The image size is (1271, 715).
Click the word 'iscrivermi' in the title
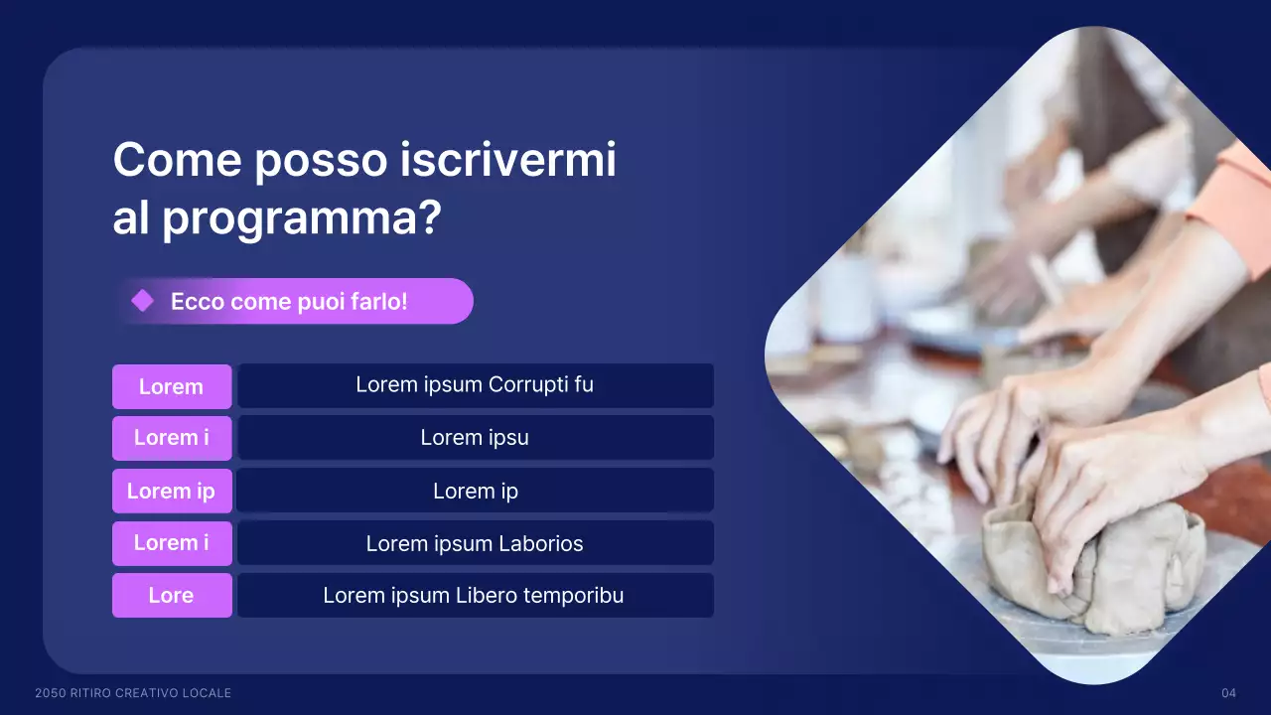[x=508, y=160]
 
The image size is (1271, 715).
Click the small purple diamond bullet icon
[x=143, y=301]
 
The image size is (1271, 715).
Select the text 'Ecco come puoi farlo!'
[x=289, y=302]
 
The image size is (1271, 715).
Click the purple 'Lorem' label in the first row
[x=171, y=386]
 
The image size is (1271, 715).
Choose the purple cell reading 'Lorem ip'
[x=171, y=491]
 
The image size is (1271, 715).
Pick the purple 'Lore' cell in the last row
[x=171, y=595]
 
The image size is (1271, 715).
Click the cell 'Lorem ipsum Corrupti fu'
[x=475, y=384]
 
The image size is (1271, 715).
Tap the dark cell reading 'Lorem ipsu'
[x=475, y=437]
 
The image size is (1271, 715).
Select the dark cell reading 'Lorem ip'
[x=475, y=491]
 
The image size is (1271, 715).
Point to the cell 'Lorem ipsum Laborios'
[x=475, y=543]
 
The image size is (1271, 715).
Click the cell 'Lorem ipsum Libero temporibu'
[x=474, y=595]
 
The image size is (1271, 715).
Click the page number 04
[x=1228, y=692]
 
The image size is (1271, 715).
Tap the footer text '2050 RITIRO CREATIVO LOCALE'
[x=133, y=692]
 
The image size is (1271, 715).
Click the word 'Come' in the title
[x=177, y=160]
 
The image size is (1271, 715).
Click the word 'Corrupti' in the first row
[x=530, y=384]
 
